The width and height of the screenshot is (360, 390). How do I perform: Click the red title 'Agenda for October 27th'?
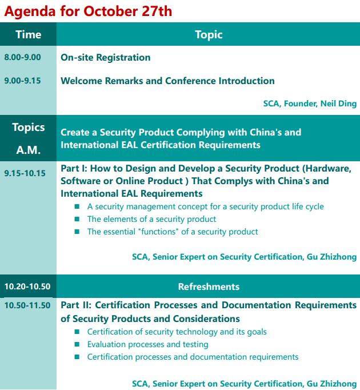coord(88,11)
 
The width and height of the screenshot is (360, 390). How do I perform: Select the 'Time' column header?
coord(29,34)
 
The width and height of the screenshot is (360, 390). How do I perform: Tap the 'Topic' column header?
coord(209,35)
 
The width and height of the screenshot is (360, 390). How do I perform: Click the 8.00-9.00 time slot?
coord(22,57)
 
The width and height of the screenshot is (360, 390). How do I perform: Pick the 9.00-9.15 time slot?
coord(22,81)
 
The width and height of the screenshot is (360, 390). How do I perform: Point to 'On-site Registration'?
coord(106,58)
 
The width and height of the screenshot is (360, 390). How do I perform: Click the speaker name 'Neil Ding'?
coord(338,104)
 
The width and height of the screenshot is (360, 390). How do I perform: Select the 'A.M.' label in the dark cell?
coord(29,150)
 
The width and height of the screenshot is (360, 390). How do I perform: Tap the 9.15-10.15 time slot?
coord(25,173)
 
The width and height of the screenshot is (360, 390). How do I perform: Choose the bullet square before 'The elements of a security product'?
coord(77,219)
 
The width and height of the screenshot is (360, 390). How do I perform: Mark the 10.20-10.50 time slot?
coord(27,286)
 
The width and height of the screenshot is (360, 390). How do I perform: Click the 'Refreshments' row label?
coord(209,286)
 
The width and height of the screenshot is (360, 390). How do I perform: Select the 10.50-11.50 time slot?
coord(27,305)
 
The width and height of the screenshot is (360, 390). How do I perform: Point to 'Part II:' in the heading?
coord(76,305)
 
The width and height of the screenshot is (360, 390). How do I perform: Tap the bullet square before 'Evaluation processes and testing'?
coord(77,344)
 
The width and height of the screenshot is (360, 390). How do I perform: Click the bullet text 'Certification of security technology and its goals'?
coord(177,332)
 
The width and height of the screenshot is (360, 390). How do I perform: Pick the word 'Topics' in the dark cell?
coord(29,128)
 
